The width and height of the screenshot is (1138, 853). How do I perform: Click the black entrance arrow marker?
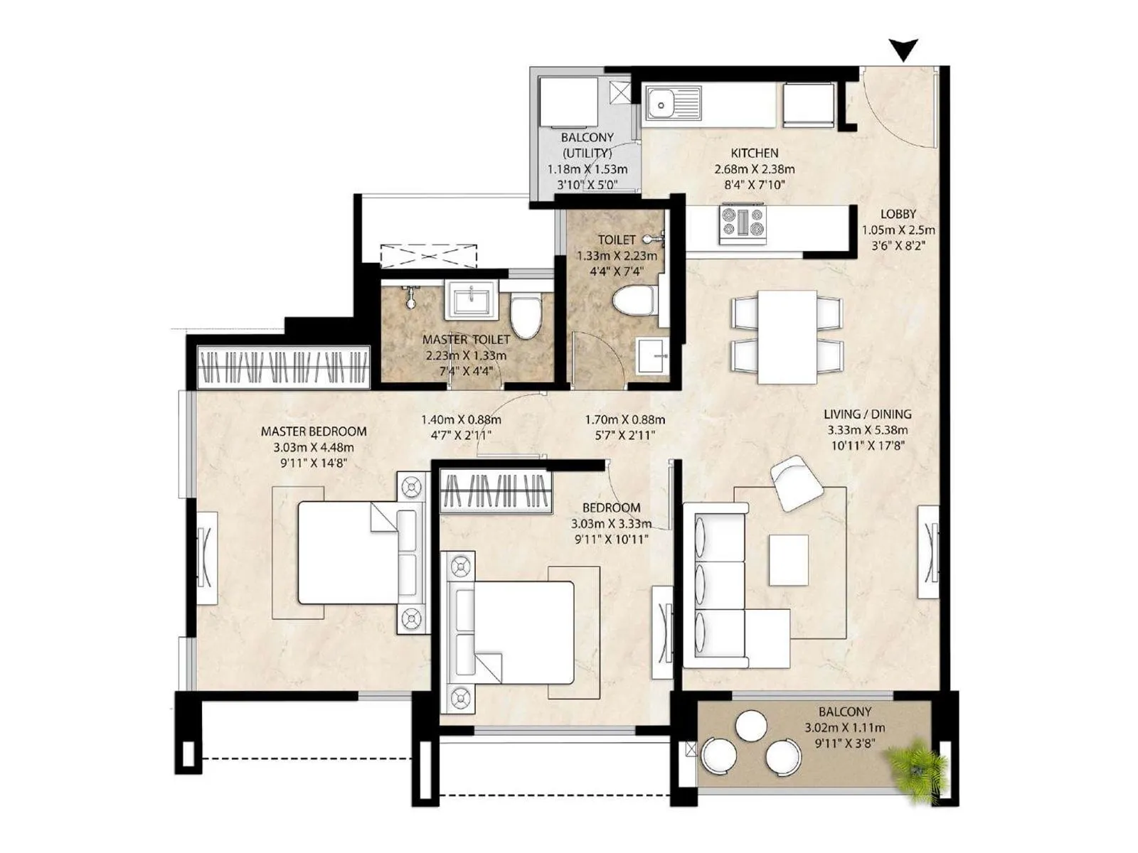pyautogui.click(x=904, y=50)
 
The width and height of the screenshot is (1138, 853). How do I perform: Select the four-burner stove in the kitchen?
pyautogui.click(x=743, y=223)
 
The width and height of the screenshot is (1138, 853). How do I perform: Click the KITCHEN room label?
pyautogui.click(x=754, y=153)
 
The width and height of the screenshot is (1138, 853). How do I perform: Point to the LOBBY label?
pyautogui.click(x=898, y=214)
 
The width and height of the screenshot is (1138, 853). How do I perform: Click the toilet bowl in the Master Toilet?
pyautogui.click(x=526, y=317)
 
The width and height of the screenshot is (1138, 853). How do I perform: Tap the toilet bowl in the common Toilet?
pyautogui.click(x=632, y=301)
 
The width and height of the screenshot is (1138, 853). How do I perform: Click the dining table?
pyautogui.click(x=787, y=336)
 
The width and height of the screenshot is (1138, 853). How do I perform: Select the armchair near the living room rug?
pyautogui.click(x=796, y=482)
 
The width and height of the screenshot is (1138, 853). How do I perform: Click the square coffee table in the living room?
pyautogui.click(x=788, y=559)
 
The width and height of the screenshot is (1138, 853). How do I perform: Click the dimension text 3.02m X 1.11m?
pyautogui.click(x=844, y=727)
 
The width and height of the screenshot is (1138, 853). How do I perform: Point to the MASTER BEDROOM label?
pyautogui.click(x=314, y=431)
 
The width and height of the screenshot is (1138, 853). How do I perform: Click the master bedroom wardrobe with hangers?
pyautogui.click(x=284, y=367)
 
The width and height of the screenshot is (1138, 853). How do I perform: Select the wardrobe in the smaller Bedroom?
pyautogui.click(x=496, y=491)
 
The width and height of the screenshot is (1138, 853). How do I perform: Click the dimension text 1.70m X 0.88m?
pyautogui.click(x=624, y=419)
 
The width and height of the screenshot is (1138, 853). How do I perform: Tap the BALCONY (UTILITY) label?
pyautogui.click(x=587, y=144)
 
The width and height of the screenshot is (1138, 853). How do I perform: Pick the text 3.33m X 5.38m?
pyautogui.click(x=867, y=430)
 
